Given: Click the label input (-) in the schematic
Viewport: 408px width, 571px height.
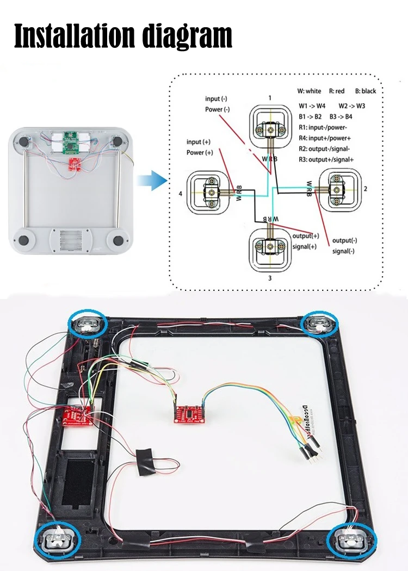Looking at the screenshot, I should click(x=216, y=98).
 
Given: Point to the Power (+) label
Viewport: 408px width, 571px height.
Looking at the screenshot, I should click(x=200, y=152).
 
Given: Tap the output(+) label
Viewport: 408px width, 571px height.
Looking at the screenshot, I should click(x=305, y=236).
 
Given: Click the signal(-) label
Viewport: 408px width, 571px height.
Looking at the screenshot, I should click(x=343, y=251).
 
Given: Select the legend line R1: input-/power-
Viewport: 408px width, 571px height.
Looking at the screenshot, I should click(x=328, y=126).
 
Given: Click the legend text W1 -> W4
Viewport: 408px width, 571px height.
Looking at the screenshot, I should click(x=312, y=105).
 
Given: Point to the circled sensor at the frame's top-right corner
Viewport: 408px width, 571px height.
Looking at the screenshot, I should click(x=320, y=325).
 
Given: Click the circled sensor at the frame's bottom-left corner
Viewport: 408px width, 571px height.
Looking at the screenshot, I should click(x=57, y=539).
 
